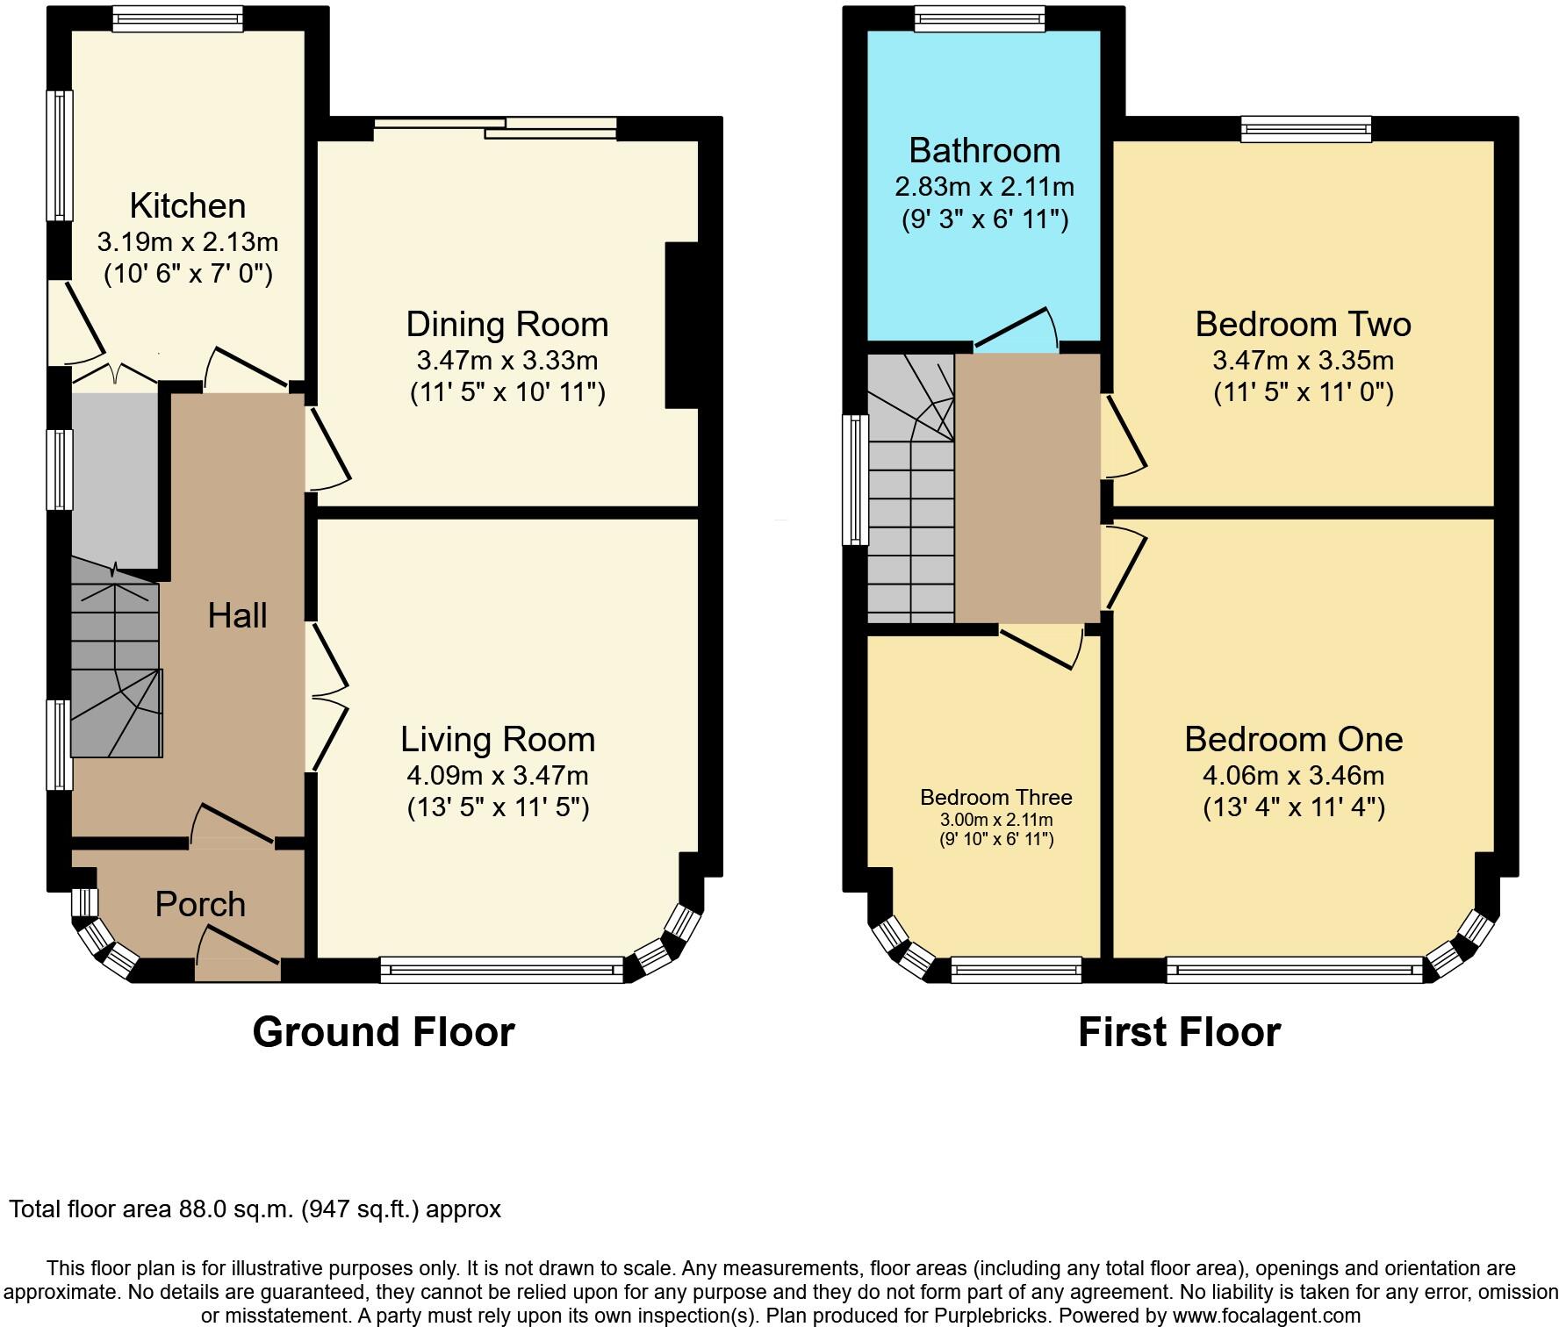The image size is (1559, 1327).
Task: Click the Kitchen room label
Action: tap(187, 205)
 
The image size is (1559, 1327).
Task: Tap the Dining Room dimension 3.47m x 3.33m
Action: tap(506, 360)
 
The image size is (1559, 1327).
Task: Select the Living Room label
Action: tap(498, 739)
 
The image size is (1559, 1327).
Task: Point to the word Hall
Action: tap(237, 615)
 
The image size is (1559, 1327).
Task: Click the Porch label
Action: tap(200, 904)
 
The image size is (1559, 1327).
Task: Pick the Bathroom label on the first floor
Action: tap(984, 150)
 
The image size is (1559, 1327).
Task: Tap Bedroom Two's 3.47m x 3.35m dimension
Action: tap(1303, 360)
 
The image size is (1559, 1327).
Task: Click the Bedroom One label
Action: tap(1293, 739)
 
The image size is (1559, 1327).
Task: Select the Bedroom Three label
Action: tap(995, 797)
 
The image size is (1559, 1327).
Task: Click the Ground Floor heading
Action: tap(383, 1031)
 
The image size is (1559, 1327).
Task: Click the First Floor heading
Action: tap(1179, 1031)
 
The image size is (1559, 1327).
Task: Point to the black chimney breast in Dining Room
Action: tap(681, 325)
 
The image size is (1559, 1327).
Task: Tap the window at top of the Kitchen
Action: tap(177, 19)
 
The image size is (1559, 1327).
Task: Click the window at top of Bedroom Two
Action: tap(1306, 130)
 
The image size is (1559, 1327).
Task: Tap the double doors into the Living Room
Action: tap(327, 697)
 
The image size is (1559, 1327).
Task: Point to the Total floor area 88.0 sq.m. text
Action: tap(255, 1209)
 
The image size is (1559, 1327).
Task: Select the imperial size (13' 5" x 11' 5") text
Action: tap(498, 807)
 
